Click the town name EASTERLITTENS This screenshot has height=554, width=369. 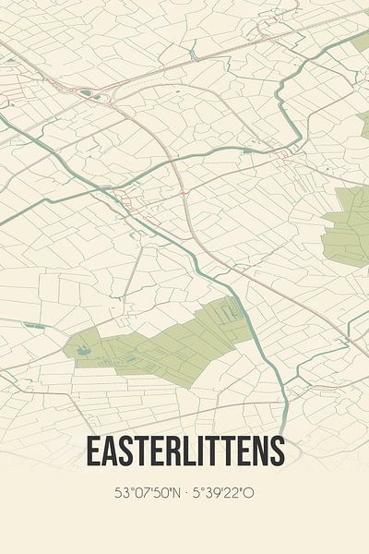pyautogui.click(x=184, y=452)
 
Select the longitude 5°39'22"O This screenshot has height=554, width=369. pyautogui.click(x=224, y=493)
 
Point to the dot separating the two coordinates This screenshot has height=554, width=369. pyautogui.click(x=186, y=493)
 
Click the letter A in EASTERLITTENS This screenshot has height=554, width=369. pyautogui.click(x=109, y=452)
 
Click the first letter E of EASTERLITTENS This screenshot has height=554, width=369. pyautogui.click(x=93, y=452)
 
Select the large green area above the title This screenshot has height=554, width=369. pyautogui.click(x=166, y=342)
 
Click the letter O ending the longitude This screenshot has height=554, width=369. pyautogui.click(x=249, y=493)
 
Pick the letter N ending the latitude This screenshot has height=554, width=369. pyautogui.click(x=175, y=493)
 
